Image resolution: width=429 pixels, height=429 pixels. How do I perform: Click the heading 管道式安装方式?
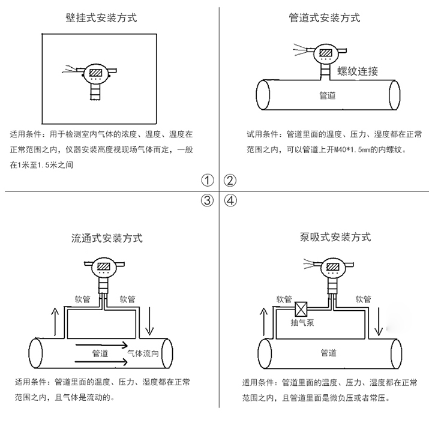325,17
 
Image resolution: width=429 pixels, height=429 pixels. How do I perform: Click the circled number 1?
207,181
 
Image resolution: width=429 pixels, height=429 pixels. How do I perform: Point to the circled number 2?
230,181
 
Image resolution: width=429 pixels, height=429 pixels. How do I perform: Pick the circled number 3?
207,200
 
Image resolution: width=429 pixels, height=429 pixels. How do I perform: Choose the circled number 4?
230,200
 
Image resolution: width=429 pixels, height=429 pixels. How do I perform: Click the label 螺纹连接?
358,71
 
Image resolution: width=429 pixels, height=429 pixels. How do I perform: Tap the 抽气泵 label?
302,322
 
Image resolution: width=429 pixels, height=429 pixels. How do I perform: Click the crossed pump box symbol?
302,308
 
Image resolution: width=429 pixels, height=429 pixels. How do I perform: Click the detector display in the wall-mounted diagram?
96,74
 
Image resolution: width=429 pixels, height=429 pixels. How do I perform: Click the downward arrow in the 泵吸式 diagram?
378,322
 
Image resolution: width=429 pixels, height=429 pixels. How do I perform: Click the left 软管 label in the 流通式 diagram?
82,298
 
